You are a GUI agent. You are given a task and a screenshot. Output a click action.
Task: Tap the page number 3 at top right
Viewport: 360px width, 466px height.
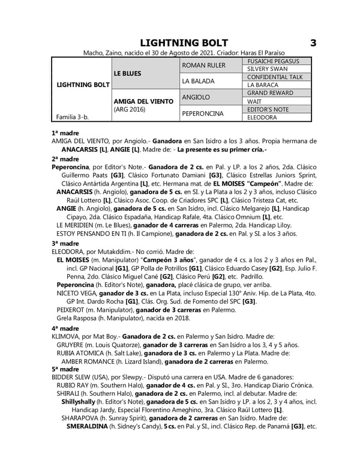313,43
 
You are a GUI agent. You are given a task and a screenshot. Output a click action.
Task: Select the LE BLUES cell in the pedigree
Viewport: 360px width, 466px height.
127,73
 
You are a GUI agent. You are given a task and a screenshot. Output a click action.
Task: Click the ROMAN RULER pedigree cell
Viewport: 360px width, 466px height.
203,65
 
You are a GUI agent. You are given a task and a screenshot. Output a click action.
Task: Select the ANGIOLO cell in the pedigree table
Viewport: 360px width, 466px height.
196,97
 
